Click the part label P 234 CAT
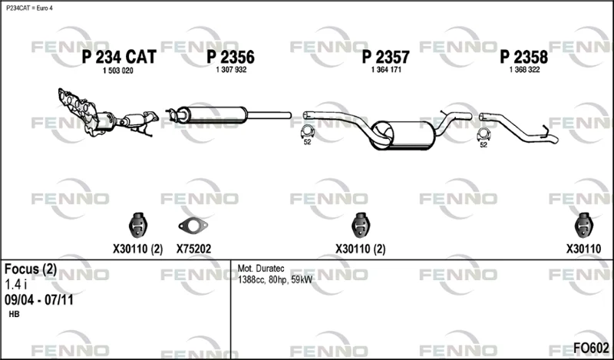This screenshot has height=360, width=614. [119, 58]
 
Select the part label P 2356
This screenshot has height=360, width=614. [231, 58]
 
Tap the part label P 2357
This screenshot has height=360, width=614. [386, 58]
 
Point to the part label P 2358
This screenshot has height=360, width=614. [524, 58]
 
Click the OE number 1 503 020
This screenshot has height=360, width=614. [118, 71]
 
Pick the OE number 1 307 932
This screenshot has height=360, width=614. [231, 70]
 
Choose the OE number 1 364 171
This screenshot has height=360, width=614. [386, 70]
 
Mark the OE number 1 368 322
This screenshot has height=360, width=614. [524, 70]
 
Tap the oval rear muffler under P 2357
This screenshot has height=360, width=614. [404, 136]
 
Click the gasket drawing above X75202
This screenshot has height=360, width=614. [193, 226]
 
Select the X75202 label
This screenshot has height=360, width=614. [193, 249]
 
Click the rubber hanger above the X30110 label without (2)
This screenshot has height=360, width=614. [584, 225]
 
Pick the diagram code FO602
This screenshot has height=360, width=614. [591, 348]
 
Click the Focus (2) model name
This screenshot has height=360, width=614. [31, 269]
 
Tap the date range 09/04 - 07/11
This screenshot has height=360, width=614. [39, 300]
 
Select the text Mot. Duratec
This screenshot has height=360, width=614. [261, 269]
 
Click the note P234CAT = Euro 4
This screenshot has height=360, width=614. [29, 8]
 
